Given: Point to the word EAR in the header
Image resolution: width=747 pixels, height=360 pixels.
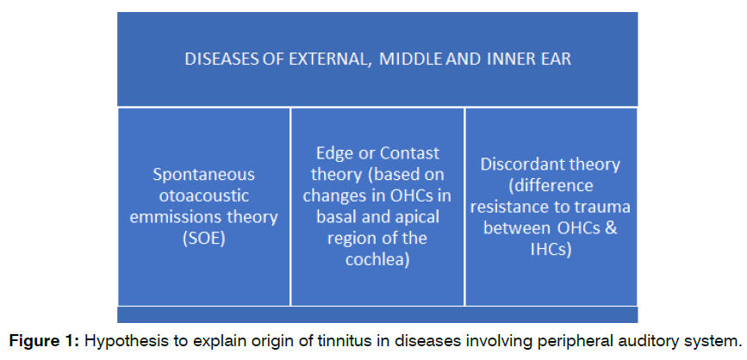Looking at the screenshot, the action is (555, 59).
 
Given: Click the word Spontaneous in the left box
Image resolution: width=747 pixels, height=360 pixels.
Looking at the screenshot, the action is (204, 175).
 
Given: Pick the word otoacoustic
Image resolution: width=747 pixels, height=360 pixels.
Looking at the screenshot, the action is (204, 196).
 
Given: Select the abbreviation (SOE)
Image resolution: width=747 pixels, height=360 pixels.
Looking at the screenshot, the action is (204, 239).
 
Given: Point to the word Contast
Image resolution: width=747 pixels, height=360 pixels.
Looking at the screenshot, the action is (409, 154).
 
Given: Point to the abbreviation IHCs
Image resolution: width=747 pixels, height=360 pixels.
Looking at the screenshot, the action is (551, 249).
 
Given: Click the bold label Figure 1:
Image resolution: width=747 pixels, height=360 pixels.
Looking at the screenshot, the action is (47, 341).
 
